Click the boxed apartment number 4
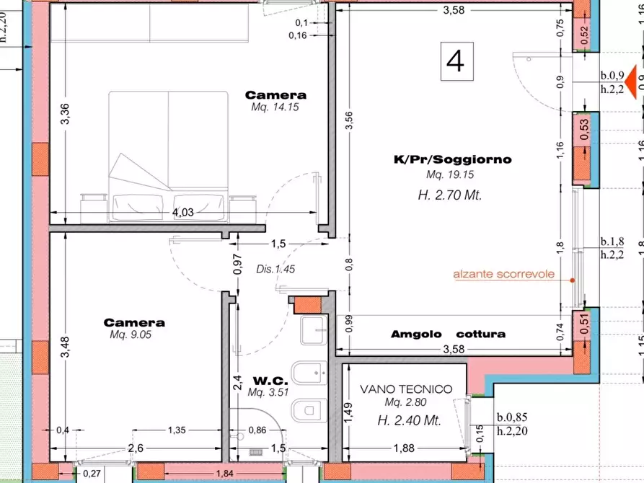point(455,61)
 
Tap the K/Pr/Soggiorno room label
point(452,159)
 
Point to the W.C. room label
point(270,380)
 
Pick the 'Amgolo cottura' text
point(448,334)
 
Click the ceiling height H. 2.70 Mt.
point(449,195)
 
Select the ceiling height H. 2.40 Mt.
point(407,421)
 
